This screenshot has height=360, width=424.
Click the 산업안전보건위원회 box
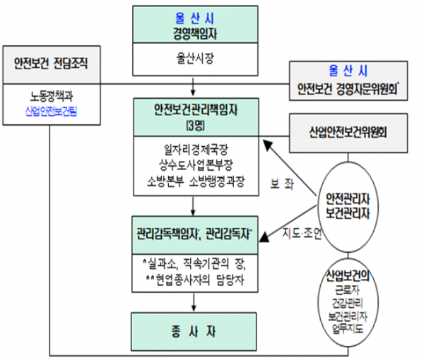[348, 131]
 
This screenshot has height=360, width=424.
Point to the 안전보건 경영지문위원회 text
[348, 90]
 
